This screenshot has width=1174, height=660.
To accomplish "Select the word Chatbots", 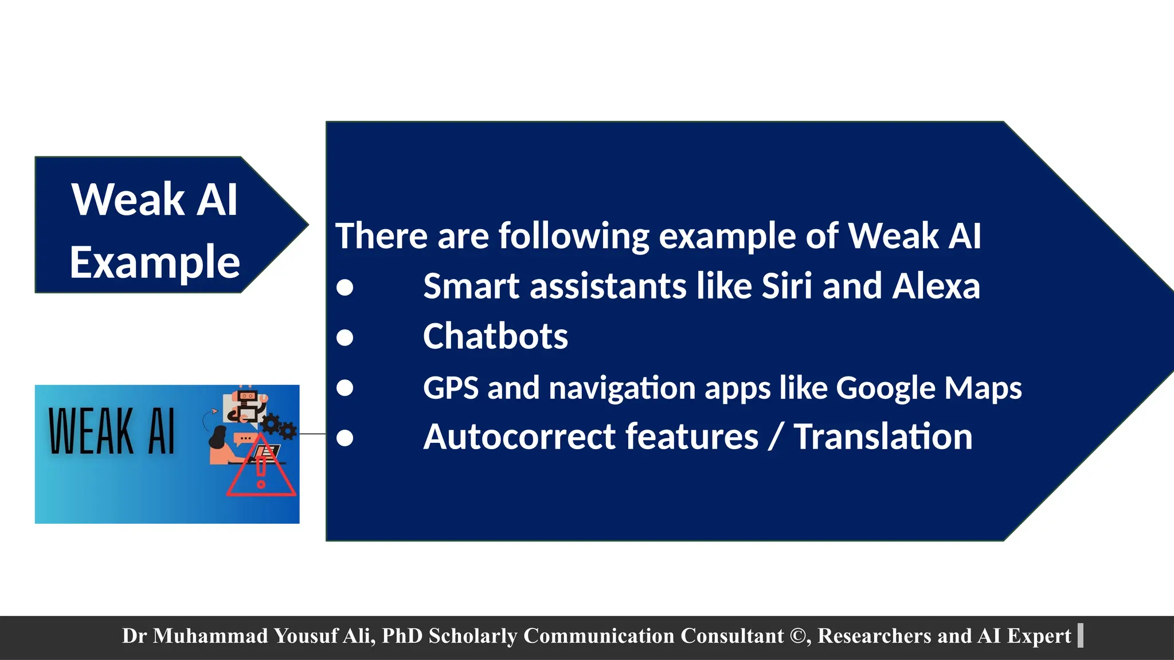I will coord(495,336).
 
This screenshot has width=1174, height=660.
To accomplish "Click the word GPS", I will coord(451,388).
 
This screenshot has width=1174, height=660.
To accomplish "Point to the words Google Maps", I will coord(929,388).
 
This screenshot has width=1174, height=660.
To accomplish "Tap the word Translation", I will coord(883,437).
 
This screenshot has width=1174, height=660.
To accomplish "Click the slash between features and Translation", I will coord(776,437).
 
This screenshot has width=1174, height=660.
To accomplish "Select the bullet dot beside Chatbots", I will coord(345,337).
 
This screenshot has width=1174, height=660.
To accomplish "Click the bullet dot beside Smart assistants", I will coord(345,287).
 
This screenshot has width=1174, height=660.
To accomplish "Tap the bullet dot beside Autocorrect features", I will coord(345,438).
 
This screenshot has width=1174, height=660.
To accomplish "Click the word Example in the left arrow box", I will coord(155,262).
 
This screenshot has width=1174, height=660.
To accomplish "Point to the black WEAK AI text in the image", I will coord(112,431).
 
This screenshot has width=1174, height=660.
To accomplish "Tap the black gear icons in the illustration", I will coord(279,427).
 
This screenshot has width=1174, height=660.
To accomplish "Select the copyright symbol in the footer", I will coord(797,636).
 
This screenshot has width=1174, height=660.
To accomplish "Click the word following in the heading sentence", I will coord(574,236).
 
